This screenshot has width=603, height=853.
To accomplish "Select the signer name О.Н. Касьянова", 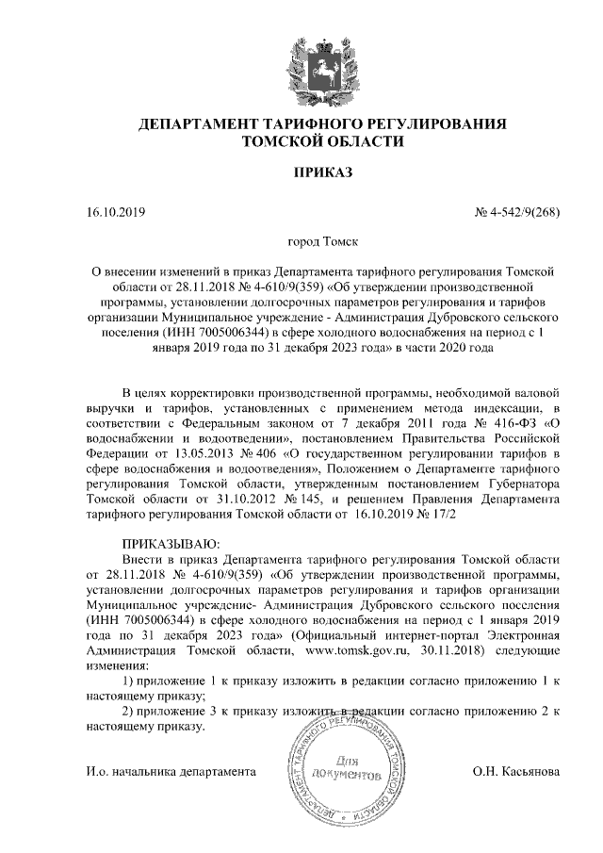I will [x=516, y=772].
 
